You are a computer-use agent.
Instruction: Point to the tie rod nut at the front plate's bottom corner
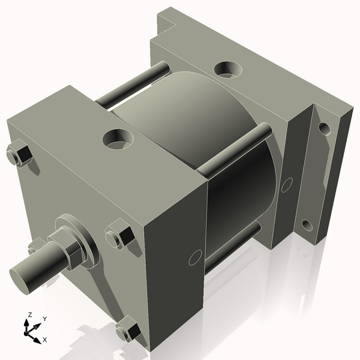128,330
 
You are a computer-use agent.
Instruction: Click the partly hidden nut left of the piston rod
37,245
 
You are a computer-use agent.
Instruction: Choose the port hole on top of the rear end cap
227,69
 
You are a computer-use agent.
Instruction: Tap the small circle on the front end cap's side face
195,258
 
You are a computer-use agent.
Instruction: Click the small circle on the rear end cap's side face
287,184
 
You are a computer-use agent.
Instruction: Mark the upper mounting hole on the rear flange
324,128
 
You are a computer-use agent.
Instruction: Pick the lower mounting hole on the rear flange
307,226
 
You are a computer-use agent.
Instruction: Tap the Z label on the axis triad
29,315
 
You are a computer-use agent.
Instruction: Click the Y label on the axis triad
45,319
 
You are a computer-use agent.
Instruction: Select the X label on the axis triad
45,340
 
